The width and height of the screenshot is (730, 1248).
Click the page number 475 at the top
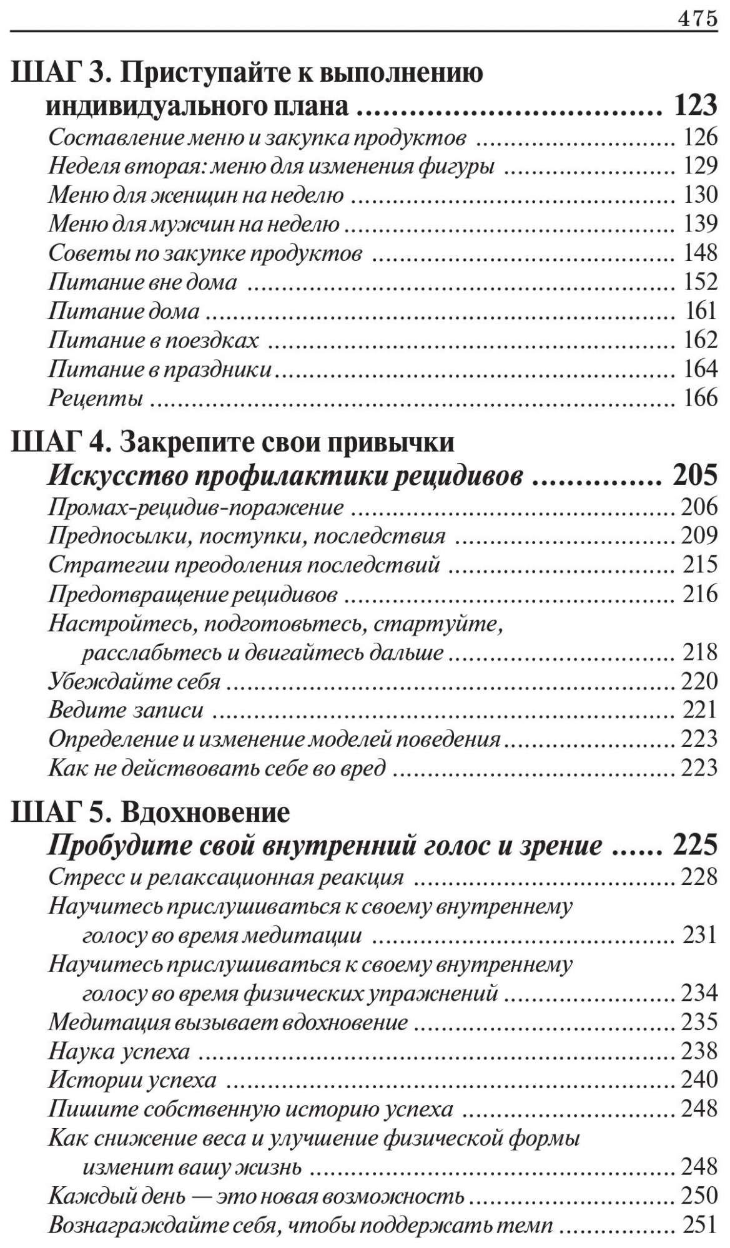[x=697, y=18]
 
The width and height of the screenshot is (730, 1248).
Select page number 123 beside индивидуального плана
[x=696, y=105]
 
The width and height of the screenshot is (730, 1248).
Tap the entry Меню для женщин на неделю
[x=196, y=195]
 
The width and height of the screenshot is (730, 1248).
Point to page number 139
[x=700, y=223]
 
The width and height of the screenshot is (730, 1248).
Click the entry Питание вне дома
[x=143, y=282]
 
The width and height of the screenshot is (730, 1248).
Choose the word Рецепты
[x=96, y=397]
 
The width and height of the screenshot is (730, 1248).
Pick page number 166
[x=700, y=397]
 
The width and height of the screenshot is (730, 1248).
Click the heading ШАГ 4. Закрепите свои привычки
[x=232, y=442]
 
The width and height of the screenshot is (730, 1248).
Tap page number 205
[x=694, y=475]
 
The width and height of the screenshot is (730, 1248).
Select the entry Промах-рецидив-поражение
[x=196, y=507]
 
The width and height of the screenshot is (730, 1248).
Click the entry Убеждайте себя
[x=134, y=680]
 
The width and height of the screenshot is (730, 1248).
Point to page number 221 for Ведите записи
[x=699, y=709]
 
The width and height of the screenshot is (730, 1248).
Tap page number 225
[x=694, y=846]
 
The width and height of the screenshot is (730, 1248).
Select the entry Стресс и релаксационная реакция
[x=226, y=877]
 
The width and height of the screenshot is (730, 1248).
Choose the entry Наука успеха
[x=119, y=1051]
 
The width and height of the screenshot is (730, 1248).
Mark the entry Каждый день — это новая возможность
[x=256, y=1196]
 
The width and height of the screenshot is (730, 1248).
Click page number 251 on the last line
[x=700, y=1224]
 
